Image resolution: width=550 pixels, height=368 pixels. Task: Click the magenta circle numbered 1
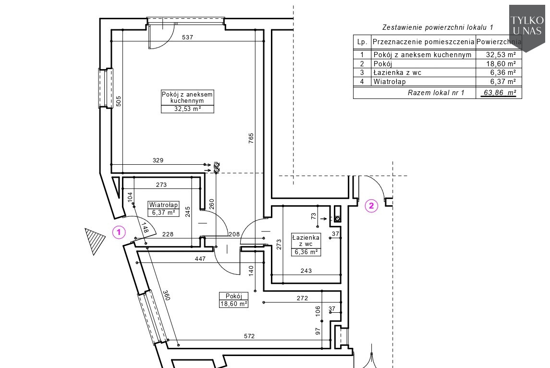coord(119,232)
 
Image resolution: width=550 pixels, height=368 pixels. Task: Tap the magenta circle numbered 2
coord(371,206)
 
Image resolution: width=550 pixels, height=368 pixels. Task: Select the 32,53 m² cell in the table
coord(501,55)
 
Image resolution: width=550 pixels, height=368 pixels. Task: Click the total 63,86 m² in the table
coord(500,93)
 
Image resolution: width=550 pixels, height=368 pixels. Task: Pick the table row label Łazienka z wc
coord(397,73)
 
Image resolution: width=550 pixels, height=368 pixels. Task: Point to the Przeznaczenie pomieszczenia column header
coord(423,42)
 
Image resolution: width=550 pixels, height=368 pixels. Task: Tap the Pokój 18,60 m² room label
coord(233,300)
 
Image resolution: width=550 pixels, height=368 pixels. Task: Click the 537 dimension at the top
coord(188,37)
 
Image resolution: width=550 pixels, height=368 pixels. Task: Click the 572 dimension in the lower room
coord(249,336)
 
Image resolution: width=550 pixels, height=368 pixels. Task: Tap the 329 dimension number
coord(158,160)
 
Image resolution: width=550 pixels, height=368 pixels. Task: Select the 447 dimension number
coord(200,259)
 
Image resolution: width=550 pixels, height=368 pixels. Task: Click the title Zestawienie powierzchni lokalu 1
coord(438,27)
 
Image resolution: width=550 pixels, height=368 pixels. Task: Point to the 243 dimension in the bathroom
coord(306,271)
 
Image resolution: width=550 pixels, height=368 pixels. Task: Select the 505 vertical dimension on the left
coord(119,102)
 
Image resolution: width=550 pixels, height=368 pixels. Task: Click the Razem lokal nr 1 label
coord(436,93)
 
